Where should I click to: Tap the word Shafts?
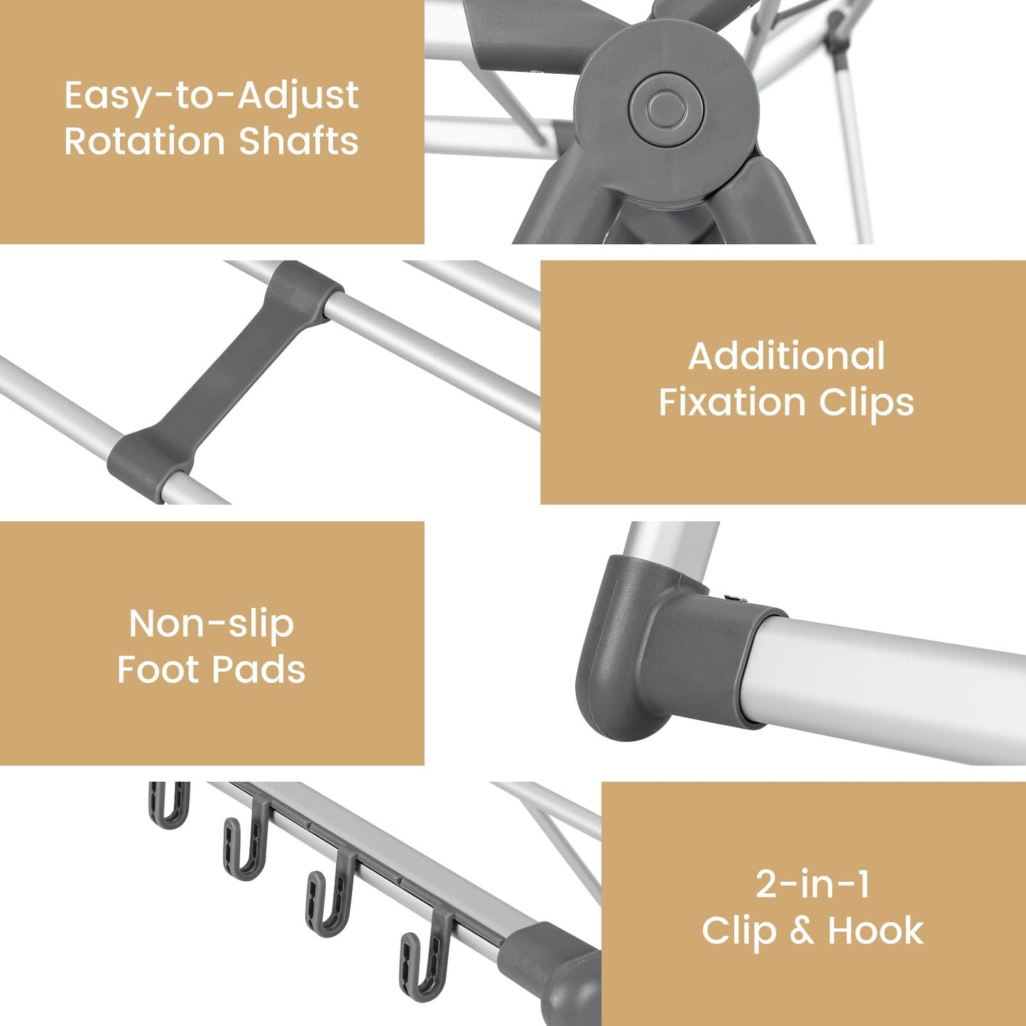click(298, 141)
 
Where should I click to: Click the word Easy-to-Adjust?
click(211, 96)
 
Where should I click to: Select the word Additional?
click(787, 356)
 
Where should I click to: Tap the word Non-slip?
click(211, 625)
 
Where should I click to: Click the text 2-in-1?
click(812, 885)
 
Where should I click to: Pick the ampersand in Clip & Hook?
click(801, 932)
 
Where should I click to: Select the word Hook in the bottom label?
click(875, 932)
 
